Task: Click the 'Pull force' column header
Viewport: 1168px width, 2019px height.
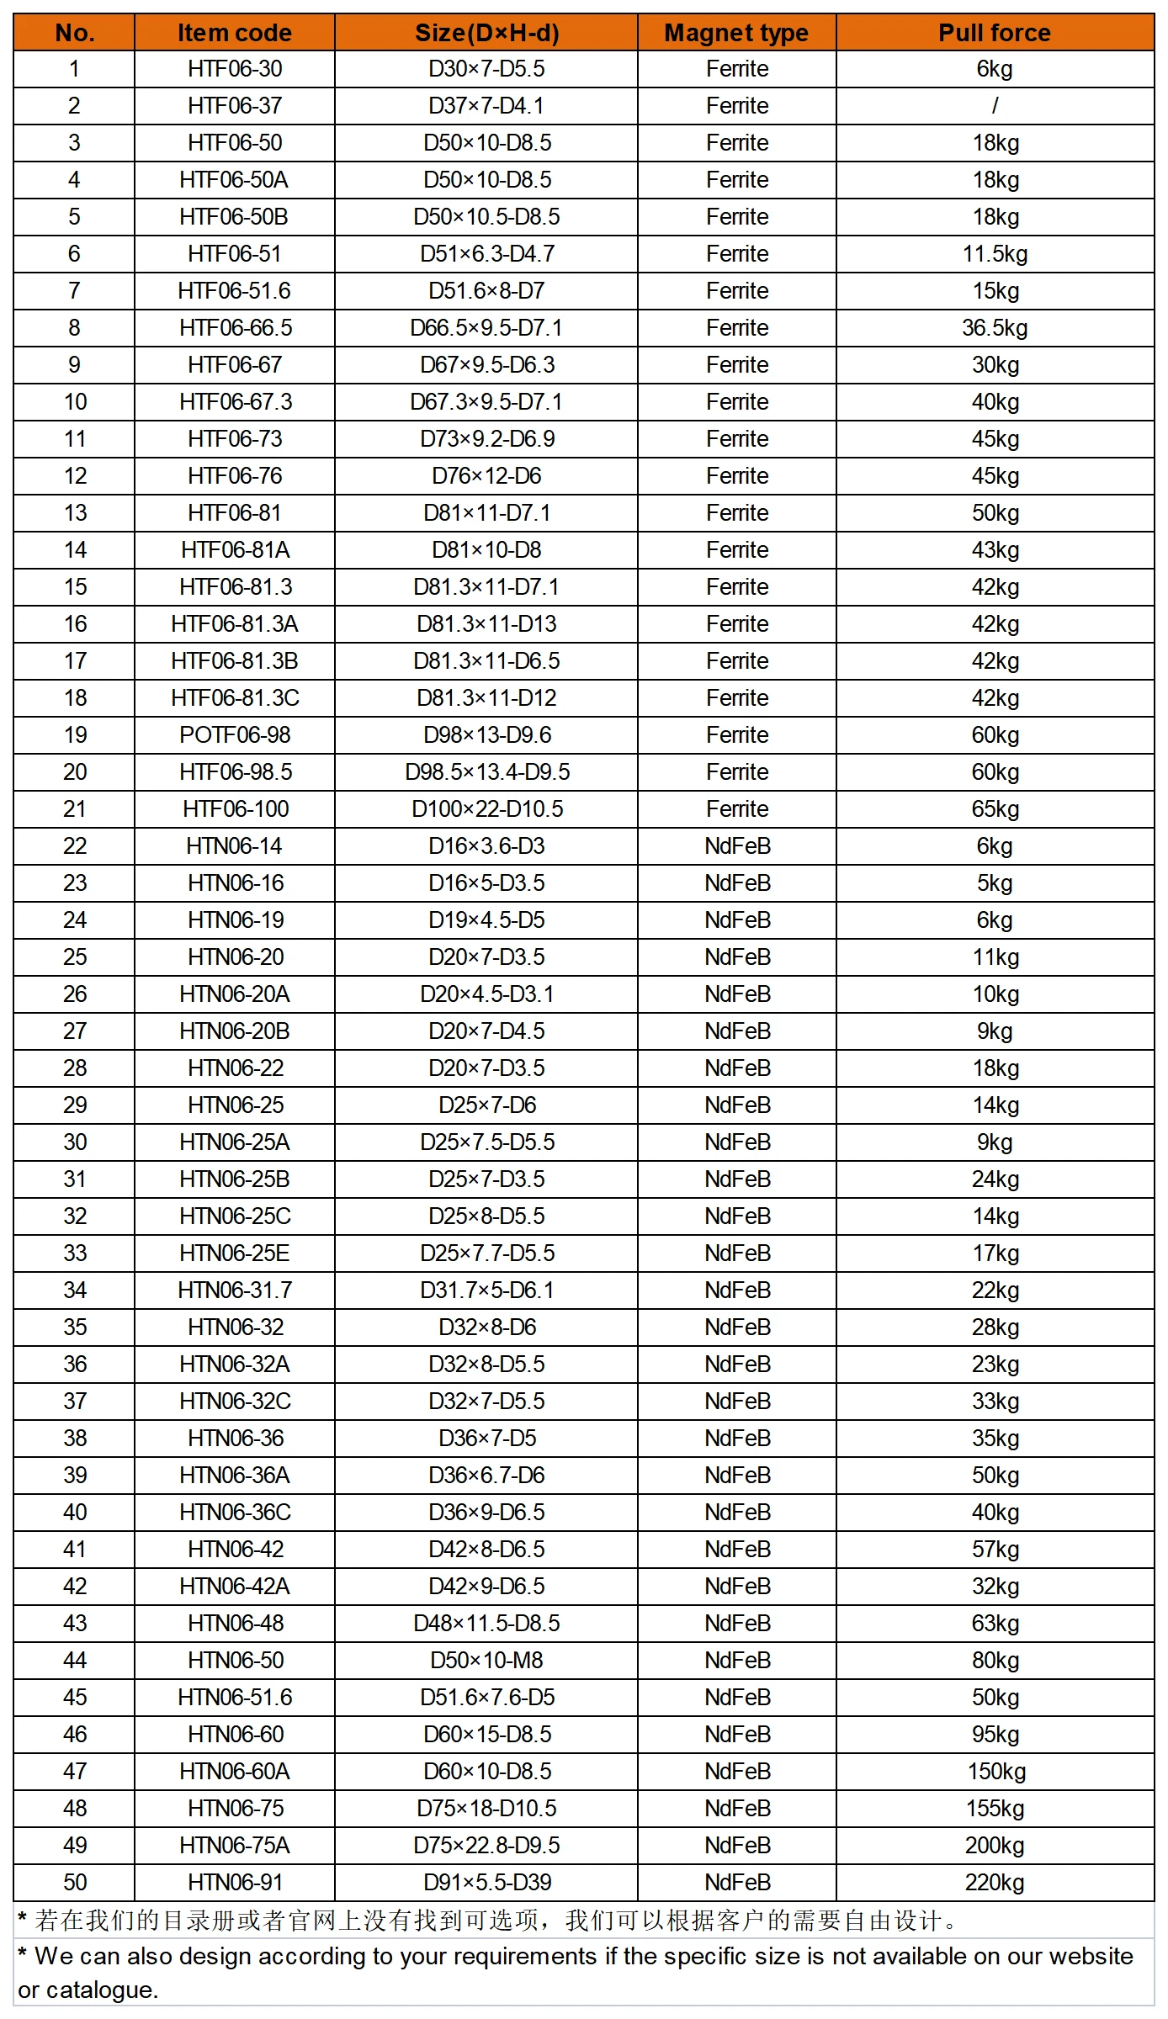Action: pyautogui.click(x=994, y=33)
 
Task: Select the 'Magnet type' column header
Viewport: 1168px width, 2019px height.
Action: pyautogui.click(x=736, y=33)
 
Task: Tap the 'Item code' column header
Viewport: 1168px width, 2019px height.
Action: pyautogui.click(x=234, y=33)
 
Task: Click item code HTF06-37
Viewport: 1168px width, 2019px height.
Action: pyautogui.click(x=235, y=106)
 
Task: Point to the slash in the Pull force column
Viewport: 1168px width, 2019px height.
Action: pyautogui.click(x=995, y=106)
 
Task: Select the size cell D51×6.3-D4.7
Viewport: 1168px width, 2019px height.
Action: pyautogui.click(x=486, y=254)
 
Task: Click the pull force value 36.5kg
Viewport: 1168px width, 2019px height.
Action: pyautogui.click(x=995, y=328)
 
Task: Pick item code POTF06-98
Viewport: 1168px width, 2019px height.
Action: pyautogui.click(x=235, y=735)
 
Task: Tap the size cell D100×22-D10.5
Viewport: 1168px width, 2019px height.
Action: pyautogui.click(x=486, y=809)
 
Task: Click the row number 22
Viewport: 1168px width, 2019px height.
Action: pyautogui.click(x=75, y=846)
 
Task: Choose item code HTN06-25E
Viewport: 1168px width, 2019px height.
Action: pyautogui.click(x=235, y=1253)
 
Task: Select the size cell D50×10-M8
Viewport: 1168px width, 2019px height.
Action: pyautogui.click(x=486, y=1661)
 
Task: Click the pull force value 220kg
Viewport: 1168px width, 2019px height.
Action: pyautogui.click(x=995, y=1883)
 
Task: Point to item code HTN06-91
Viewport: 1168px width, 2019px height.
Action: pyautogui.click(x=235, y=1883)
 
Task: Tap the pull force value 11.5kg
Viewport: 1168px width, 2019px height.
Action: pyautogui.click(x=995, y=254)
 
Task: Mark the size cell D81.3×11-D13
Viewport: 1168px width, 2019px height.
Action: pyautogui.click(x=486, y=624)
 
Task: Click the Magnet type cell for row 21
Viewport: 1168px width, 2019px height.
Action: pyautogui.click(x=737, y=809)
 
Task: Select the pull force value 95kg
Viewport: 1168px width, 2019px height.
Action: pyautogui.click(x=995, y=1735)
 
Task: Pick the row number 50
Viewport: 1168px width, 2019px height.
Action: pyautogui.click(x=75, y=1883)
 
